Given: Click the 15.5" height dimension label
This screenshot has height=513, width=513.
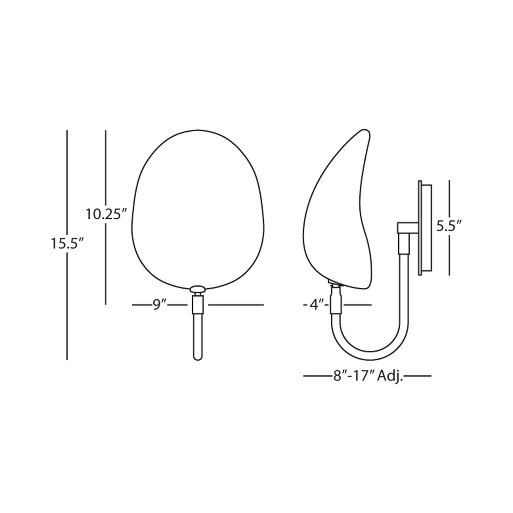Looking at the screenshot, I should click(67, 244).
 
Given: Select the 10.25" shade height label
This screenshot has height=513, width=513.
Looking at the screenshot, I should click(106, 214).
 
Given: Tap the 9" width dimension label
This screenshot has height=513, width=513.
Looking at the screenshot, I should click(160, 305).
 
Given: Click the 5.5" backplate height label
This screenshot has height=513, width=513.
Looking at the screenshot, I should click(449, 226).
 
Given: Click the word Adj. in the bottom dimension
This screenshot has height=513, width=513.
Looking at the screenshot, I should click(390, 376).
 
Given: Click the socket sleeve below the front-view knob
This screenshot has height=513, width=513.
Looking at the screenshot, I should click(198, 305).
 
